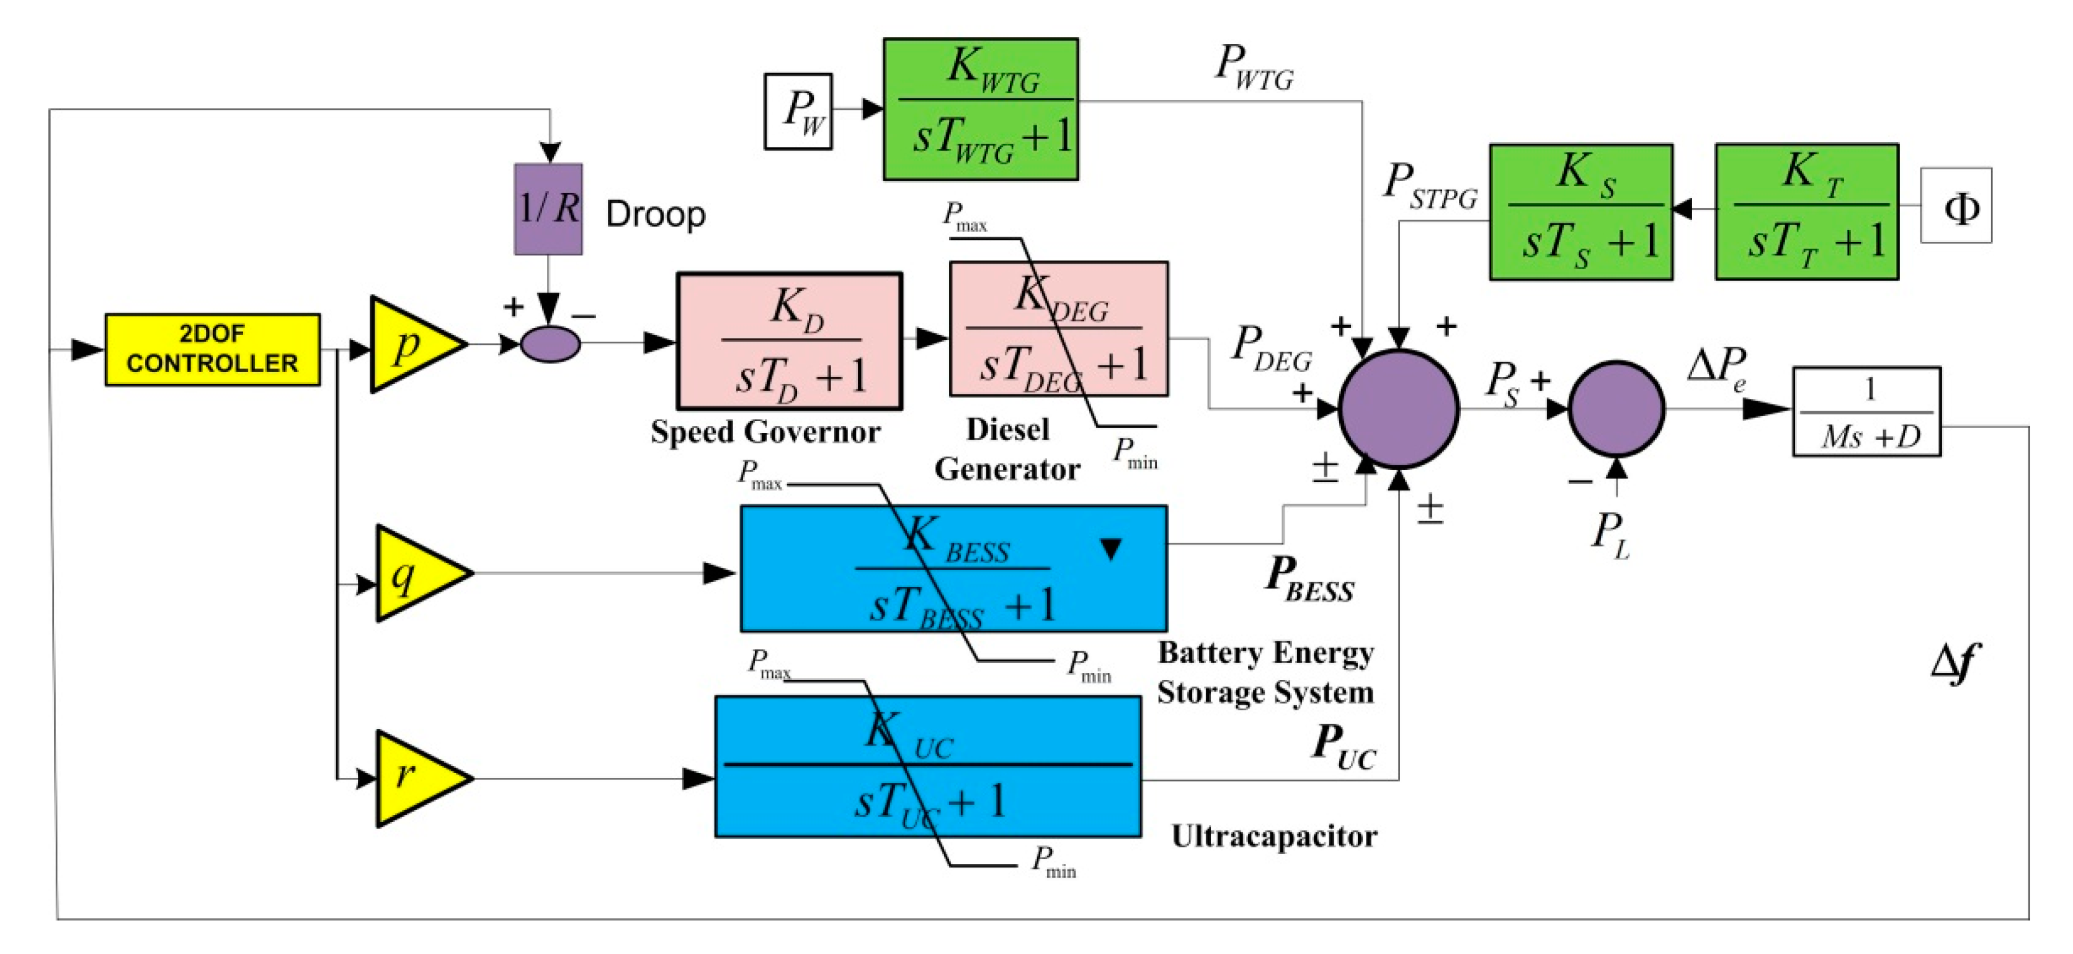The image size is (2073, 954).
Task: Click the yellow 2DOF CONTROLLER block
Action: [x=213, y=349]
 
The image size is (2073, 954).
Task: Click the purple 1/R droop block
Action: [x=548, y=209]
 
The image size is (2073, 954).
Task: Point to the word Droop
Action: [x=655, y=214]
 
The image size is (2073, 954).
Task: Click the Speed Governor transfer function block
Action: [x=790, y=341]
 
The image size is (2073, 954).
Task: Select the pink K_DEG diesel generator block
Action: [x=1058, y=329]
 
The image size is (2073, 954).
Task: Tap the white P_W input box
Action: [x=798, y=111]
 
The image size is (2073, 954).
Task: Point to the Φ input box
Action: [x=1956, y=205]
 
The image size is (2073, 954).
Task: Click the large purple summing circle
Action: [x=1399, y=408]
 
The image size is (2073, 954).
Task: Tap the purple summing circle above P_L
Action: [x=1616, y=408]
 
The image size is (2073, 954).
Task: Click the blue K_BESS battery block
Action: [x=953, y=568]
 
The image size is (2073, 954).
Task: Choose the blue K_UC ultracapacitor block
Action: [x=928, y=767]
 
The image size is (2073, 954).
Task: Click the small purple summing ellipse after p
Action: [x=550, y=344]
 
